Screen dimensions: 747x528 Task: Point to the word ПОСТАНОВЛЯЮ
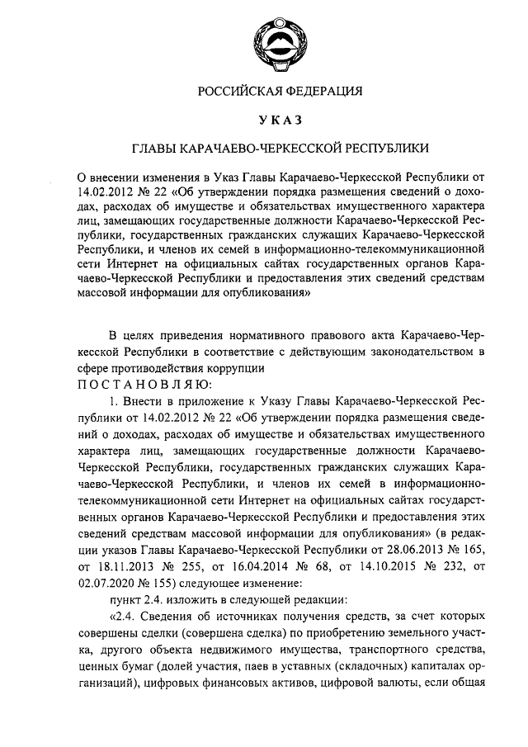(x=144, y=384)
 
